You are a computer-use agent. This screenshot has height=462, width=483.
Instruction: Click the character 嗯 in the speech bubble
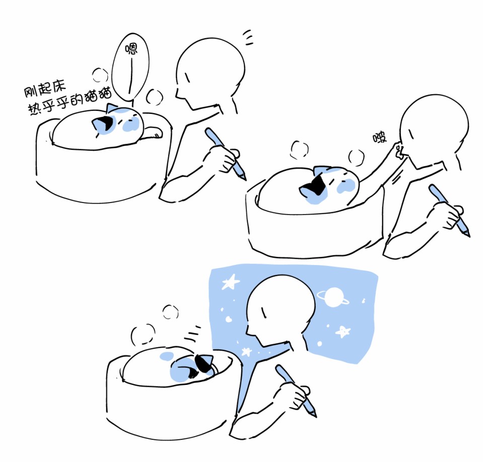[x=131, y=49]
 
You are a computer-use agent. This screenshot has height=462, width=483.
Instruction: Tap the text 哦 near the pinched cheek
[x=380, y=138]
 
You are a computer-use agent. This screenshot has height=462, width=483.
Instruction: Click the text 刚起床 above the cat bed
[x=45, y=89]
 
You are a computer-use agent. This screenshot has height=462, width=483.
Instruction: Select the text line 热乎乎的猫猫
[x=70, y=102]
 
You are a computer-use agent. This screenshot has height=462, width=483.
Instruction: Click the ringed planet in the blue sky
[x=333, y=297]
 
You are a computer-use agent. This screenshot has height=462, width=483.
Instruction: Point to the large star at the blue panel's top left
[x=230, y=282]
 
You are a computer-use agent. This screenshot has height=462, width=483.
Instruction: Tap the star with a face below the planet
[x=343, y=332]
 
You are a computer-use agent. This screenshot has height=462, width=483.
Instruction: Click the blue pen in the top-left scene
[x=226, y=154]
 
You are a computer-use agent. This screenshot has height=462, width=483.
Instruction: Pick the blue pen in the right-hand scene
[x=449, y=210]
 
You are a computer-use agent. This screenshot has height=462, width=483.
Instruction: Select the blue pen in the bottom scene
[x=296, y=390]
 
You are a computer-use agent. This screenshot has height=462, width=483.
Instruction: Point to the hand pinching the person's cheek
[x=399, y=150]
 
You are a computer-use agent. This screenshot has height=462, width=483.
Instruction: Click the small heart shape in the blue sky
[x=228, y=319]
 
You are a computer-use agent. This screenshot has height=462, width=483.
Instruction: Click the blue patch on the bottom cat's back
[x=167, y=356]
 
